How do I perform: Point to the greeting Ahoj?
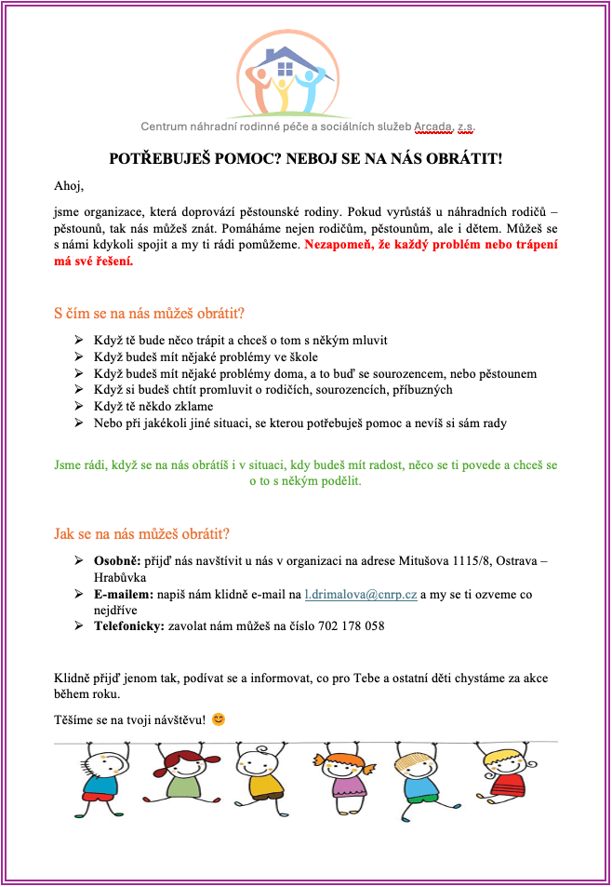[x=69, y=186]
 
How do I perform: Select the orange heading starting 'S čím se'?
[x=150, y=312]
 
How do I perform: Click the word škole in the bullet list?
[x=299, y=356]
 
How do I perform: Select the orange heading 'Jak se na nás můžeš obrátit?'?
[x=141, y=534]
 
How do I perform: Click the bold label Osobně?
[x=116, y=561]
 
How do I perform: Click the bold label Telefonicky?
[x=128, y=625]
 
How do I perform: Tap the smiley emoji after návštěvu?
[x=219, y=719]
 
